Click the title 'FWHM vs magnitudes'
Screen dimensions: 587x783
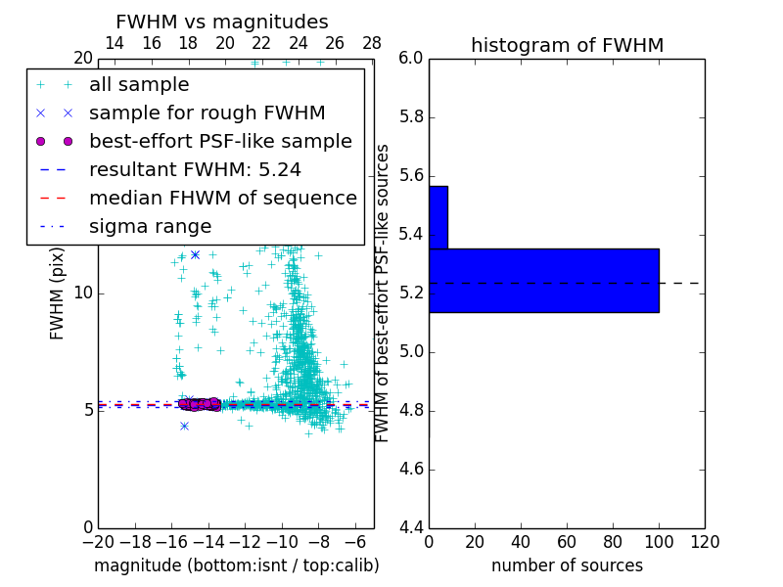pos(222,22)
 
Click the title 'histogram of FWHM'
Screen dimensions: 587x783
pos(567,45)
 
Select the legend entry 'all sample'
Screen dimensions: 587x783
pos(139,85)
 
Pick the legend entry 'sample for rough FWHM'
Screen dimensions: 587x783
pos(207,113)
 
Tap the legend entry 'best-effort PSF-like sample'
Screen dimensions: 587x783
pos(220,141)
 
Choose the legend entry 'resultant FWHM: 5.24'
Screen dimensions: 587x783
pos(195,169)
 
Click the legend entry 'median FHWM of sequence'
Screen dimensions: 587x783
pos(222,198)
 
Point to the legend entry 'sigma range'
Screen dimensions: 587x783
pos(150,226)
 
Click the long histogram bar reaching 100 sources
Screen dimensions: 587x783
pos(543,281)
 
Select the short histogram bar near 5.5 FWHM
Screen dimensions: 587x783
pos(438,217)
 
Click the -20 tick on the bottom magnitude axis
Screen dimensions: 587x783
pos(98,542)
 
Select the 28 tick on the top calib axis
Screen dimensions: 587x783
pos(372,43)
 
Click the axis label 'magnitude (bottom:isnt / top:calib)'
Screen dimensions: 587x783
pos(236,565)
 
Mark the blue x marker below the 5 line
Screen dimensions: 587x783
pos(184,426)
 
